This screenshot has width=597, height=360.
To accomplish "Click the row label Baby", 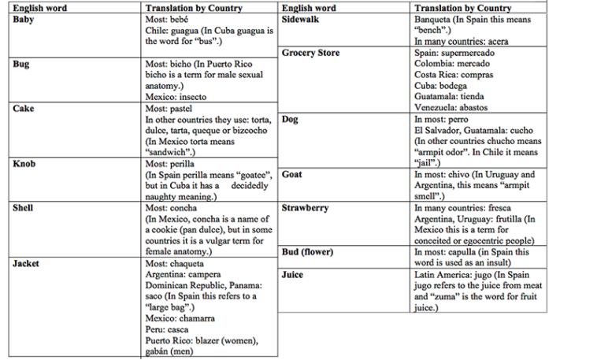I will coord(24,20).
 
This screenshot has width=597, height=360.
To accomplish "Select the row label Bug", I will coord(21,64).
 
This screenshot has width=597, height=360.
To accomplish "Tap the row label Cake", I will coord(24,109).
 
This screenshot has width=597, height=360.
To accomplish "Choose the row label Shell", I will coord(24,208).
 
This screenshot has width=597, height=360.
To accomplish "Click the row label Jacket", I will coord(27,264).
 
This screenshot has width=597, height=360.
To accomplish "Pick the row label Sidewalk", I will coord(300,20).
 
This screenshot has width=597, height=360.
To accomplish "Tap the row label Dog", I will coord(290,120).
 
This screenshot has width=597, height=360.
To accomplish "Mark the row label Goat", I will coord(292,175).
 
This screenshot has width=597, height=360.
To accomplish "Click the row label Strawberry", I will coord(306,208).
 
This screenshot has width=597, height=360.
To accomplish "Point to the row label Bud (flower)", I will coord(307,252).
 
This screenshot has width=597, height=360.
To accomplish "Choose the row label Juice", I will coord(293,275).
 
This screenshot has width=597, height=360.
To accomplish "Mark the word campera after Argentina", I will coord(209,275).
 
